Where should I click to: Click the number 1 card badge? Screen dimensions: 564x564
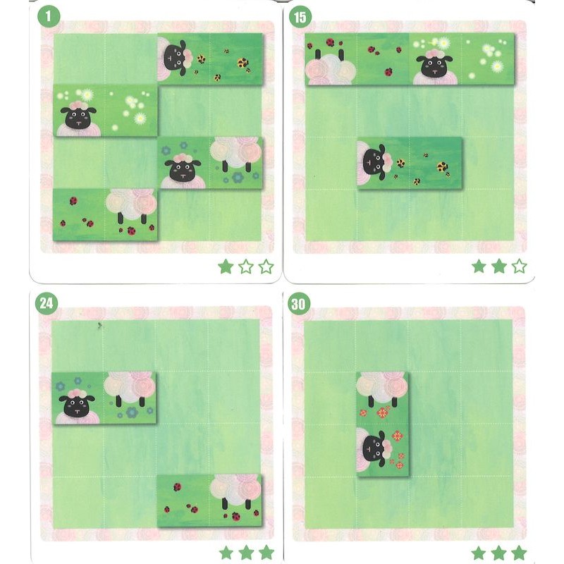pyautogui.click(x=48, y=16)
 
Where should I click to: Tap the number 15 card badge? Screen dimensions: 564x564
pyautogui.click(x=300, y=16)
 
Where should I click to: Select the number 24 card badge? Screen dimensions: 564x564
pyautogui.click(x=46, y=303)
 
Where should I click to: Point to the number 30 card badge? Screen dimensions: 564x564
pyautogui.click(x=298, y=304)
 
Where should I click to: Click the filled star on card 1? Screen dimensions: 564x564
pyautogui.click(x=226, y=266)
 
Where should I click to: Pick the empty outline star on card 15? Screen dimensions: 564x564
pyautogui.click(x=519, y=266)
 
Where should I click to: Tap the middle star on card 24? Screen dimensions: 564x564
pyautogui.click(x=246, y=553)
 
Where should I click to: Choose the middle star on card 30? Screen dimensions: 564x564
pyautogui.click(x=499, y=553)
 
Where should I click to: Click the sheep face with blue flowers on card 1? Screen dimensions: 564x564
pyautogui.click(x=183, y=170)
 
